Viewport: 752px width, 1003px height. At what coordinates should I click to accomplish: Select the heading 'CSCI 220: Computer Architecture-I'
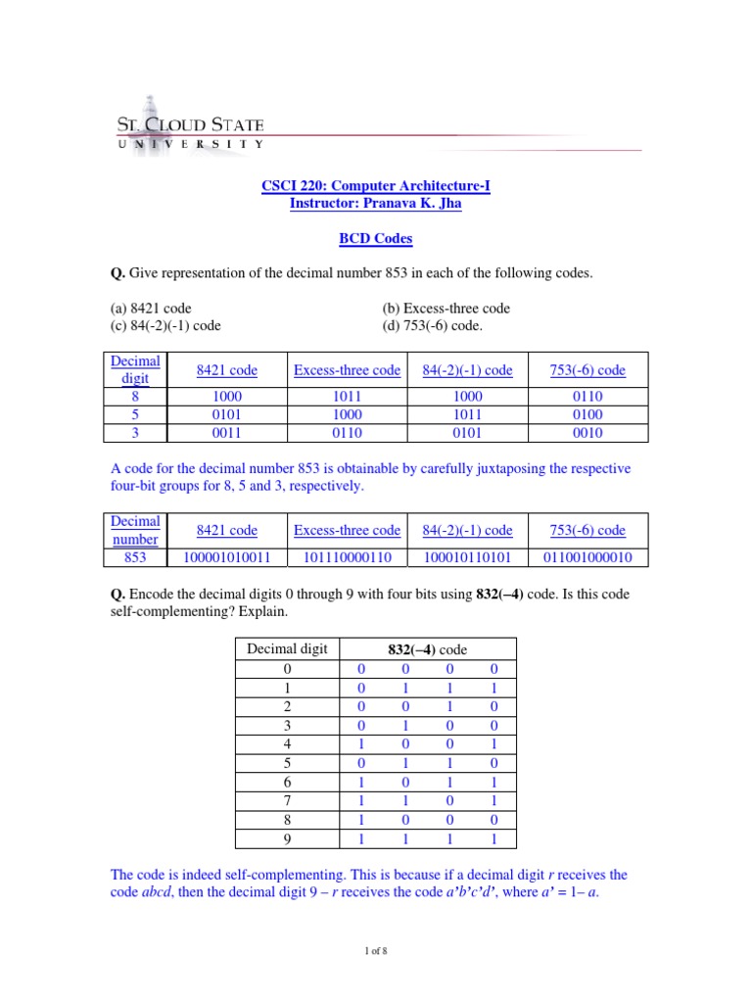(376, 185)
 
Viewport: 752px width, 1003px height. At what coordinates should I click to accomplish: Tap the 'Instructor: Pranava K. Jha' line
(376, 203)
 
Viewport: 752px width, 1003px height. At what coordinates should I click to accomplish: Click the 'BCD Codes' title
(376, 238)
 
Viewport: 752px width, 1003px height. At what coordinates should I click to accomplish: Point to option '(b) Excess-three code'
(446, 308)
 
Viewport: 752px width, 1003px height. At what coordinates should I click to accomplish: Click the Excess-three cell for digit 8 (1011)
(347, 397)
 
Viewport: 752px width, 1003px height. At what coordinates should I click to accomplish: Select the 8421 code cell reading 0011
(226, 432)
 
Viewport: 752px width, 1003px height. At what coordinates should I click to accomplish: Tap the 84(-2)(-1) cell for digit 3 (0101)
(467, 432)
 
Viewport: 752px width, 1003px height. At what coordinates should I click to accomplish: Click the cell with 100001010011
(226, 557)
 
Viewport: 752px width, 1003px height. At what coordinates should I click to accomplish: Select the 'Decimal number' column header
(135, 530)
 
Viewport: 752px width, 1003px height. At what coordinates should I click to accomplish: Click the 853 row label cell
(135, 557)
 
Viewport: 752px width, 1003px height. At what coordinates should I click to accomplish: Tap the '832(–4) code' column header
(425, 648)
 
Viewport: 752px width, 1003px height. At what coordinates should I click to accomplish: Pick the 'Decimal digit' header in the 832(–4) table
(287, 648)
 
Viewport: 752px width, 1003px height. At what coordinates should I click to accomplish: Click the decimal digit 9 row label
(287, 838)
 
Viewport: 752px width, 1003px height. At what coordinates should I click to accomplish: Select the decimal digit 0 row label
(287, 669)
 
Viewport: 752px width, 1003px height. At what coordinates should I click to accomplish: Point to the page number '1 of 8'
(376, 949)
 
